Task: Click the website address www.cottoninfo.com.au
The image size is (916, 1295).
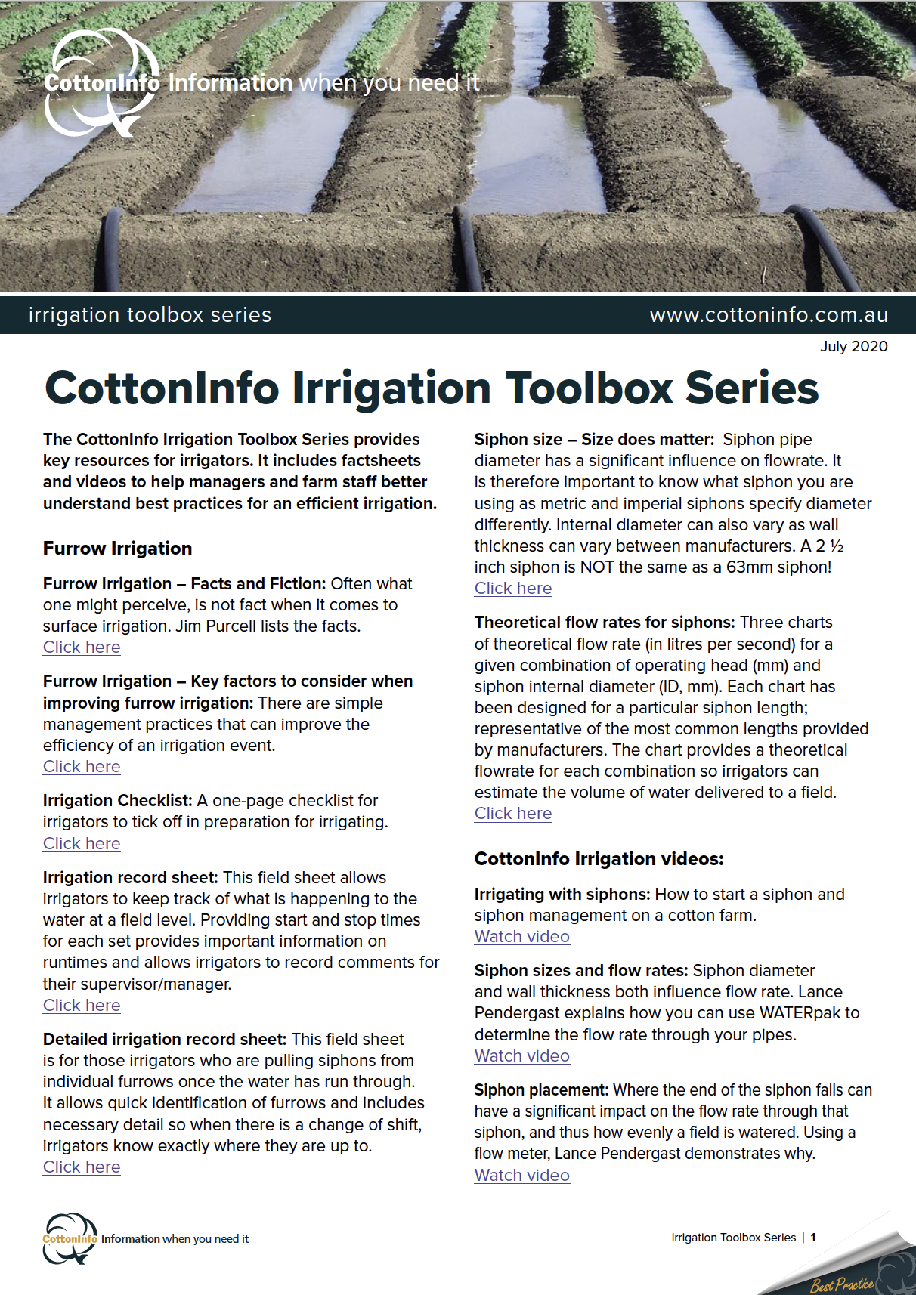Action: [x=769, y=315]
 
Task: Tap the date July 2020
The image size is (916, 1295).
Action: [x=853, y=346]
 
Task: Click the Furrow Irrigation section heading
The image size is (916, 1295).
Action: [x=118, y=548]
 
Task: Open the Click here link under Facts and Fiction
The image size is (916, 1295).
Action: [x=82, y=647]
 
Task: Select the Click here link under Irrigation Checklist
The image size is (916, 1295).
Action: [x=82, y=844]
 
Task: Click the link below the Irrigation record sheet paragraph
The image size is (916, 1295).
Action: [x=82, y=1006]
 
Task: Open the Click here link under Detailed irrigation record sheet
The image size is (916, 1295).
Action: [x=82, y=1167]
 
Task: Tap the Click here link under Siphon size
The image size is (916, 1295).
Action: [x=513, y=589]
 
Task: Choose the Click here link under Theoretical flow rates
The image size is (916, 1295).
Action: [x=513, y=814]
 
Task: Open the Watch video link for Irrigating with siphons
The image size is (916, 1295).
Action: [x=522, y=937]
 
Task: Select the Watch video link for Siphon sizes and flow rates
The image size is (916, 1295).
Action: [x=522, y=1056]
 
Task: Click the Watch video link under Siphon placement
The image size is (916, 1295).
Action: [x=522, y=1176]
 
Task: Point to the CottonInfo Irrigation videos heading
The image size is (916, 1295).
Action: [x=599, y=859]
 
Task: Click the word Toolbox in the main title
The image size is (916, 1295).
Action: [x=589, y=388]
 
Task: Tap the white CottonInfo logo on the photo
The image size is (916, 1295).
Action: [x=101, y=82]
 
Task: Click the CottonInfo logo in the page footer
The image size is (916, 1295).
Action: [x=70, y=1238]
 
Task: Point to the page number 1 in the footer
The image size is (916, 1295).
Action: [x=813, y=1238]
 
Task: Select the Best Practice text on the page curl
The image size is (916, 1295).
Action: [x=842, y=1284]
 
